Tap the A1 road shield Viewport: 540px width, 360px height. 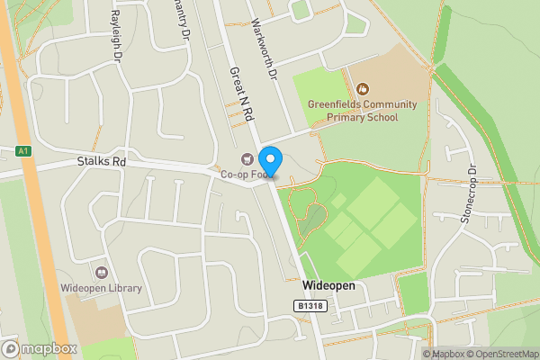[24, 151]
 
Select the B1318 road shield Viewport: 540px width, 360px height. [309, 306]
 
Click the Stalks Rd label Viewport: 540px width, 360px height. [100, 162]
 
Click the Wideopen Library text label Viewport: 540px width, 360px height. [102, 288]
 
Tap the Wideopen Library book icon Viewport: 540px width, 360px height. [102, 272]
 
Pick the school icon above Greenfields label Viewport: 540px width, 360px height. [362, 88]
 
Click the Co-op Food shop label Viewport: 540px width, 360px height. [243, 175]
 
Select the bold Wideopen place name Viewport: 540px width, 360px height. [328, 285]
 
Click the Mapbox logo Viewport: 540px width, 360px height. [40, 348]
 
